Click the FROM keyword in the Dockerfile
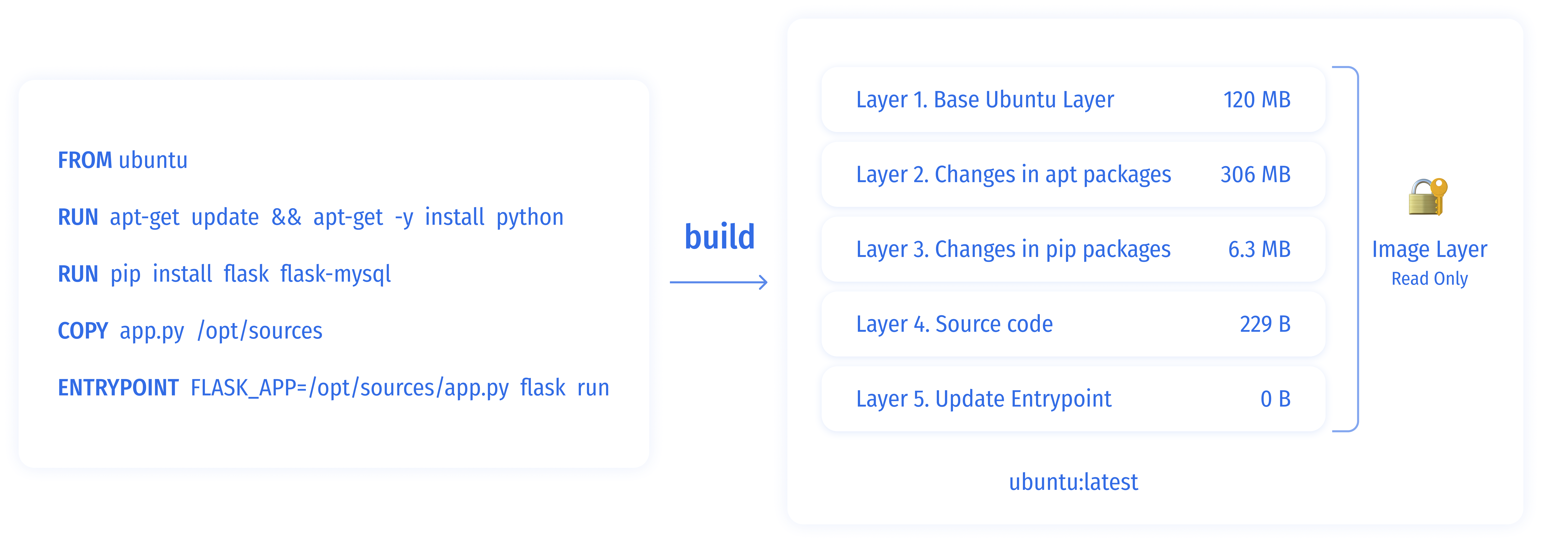coord(84,160)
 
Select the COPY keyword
coord(83,331)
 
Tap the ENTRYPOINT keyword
coord(118,387)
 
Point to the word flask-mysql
coord(335,274)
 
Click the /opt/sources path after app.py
coord(260,331)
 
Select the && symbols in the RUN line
coord(286,217)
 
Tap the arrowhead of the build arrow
coord(764,282)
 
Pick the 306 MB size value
coord(1255,175)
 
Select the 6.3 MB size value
coord(1259,249)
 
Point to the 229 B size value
coord(1265,324)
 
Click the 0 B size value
coord(1275,399)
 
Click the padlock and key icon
coord(1428,197)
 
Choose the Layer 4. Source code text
coord(954,324)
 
